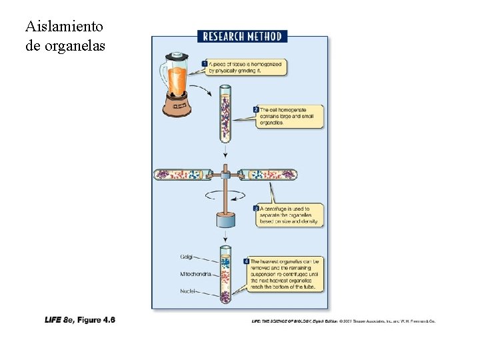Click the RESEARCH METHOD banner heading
(x=242, y=37)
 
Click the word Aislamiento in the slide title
(x=64, y=27)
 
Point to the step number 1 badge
(x=205, y=63)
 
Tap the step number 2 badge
(x=256, y=109)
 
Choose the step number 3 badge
(x=256, y=209)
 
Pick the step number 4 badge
(x=246, y=261)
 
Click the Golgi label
(x=187, y=257)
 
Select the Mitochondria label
(x=195, y=274)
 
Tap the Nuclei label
(x=187, y=291)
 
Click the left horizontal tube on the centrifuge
(x=184, y=175)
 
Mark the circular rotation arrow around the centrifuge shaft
(x=225, y=195)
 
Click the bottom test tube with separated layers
(x=225, y=274)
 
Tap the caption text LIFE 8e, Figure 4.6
(x=80, y=320)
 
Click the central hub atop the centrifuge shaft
(x=225, y=175)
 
